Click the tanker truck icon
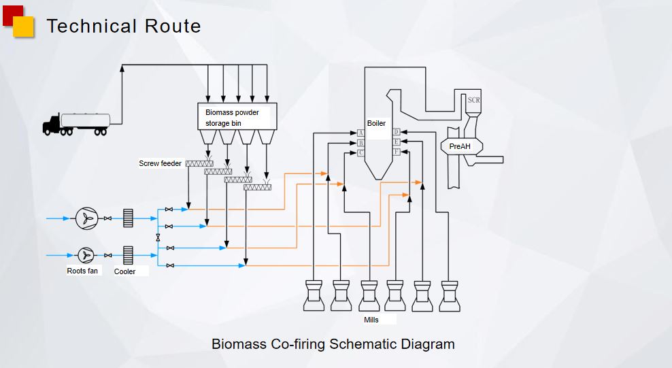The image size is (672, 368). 75,124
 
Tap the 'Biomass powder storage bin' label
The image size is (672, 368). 232,118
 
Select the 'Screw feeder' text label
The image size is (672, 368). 160,163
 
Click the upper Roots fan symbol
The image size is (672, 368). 86,218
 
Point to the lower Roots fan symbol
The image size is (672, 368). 86,255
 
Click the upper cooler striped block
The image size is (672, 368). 128,218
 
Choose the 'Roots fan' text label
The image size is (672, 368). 82,271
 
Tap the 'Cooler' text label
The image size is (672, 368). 124,271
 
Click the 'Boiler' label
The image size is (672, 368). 376,123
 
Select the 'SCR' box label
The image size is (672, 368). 473,100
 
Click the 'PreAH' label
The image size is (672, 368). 460,146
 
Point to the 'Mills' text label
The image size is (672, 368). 371,319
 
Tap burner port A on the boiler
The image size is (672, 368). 361,133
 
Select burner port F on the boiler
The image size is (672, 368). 396,152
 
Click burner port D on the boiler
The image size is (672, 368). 396,132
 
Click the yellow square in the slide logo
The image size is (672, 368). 24,27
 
